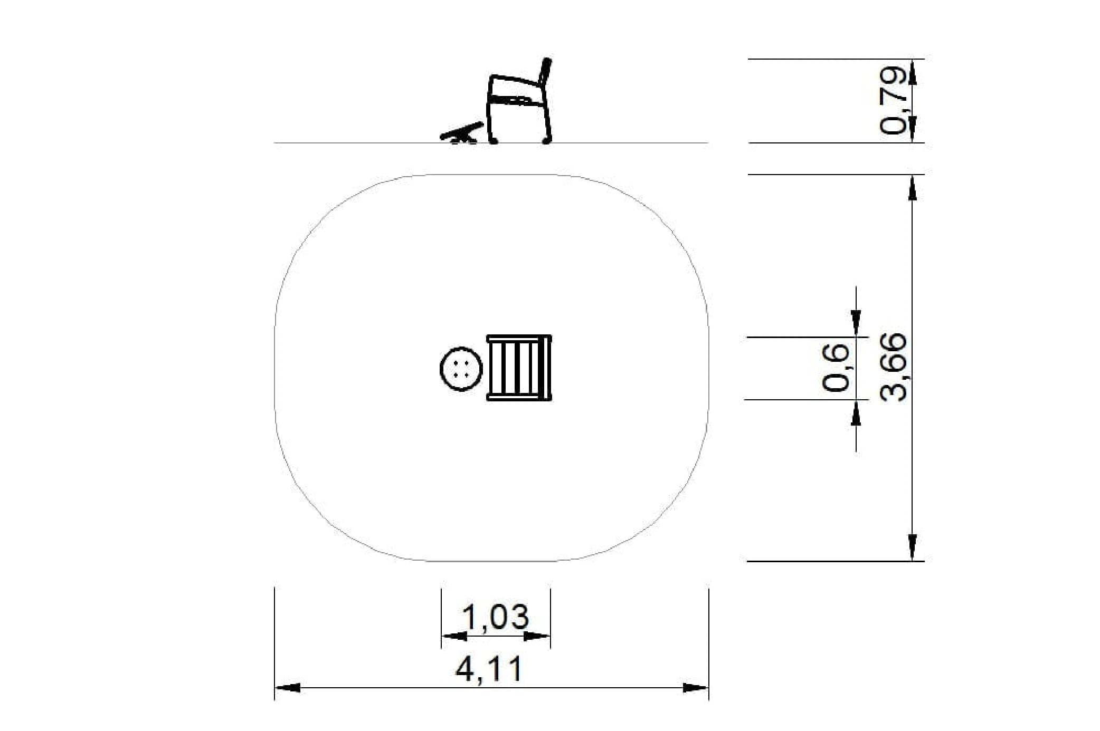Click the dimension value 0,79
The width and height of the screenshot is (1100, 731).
tap(893, 100)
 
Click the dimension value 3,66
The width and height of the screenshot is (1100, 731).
tap(894, 367)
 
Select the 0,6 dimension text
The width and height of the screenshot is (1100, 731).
tap(836, 367)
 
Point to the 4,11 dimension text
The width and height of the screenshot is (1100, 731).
tap(489, 669)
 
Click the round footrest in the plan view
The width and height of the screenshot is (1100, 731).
tap(461, 369)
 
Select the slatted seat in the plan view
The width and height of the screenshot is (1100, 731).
tap(519, 368)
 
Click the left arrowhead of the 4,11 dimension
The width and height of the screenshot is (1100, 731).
tap(287, 688)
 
